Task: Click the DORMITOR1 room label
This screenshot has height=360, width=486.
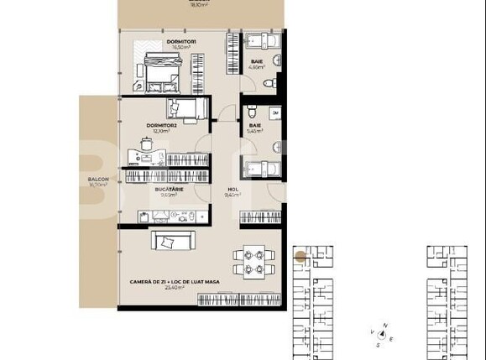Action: (181, 41)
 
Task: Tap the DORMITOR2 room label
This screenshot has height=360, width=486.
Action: (164, 124)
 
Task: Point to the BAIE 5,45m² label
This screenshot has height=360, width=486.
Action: (255, 125)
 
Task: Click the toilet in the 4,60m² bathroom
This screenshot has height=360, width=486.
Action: (269, 83)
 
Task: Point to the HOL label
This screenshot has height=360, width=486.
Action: (233, 190)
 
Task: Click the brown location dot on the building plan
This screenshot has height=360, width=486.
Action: (300, 257)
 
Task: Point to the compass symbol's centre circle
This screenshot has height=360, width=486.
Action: (380, 333)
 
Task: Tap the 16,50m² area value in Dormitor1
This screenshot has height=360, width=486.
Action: (181, 48)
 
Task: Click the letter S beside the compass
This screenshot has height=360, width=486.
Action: (379, 344)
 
